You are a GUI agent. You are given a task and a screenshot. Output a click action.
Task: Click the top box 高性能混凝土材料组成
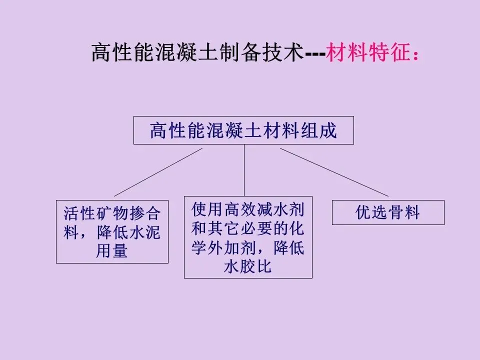tap(243, 130)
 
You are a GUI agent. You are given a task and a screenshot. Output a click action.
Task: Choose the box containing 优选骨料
tap(388, 212)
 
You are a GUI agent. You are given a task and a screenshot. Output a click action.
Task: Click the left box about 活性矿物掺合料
tap(112, 232)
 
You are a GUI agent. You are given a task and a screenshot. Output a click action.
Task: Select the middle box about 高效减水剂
tap(248, 237)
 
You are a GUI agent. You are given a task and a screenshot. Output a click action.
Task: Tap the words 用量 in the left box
tap(112, 251)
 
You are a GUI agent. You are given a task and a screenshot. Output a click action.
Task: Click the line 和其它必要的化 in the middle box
tap(248, 228)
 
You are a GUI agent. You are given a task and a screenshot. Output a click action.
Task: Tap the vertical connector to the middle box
tap(244, 170)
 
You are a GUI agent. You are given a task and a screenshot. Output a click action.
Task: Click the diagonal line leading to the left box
tap(158, 172)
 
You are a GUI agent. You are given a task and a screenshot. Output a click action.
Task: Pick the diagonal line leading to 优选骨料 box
tap(334, 172)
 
